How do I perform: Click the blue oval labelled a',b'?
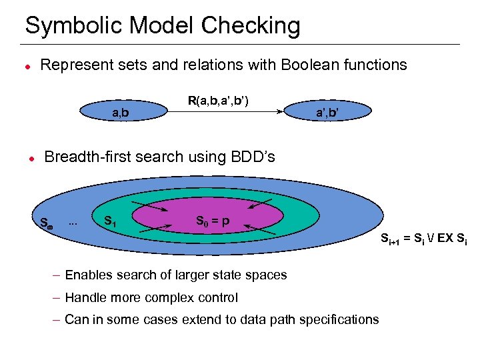(x=326, y=113)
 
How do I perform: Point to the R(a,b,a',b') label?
(x=218, y=101)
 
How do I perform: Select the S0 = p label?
(x=213, y=221)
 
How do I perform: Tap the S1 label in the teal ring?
(x=110, y=221)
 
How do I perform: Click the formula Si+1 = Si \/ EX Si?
(x=423, y=237)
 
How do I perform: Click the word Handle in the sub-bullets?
(x=85, y=297)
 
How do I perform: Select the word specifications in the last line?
(x=340, y=319)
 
